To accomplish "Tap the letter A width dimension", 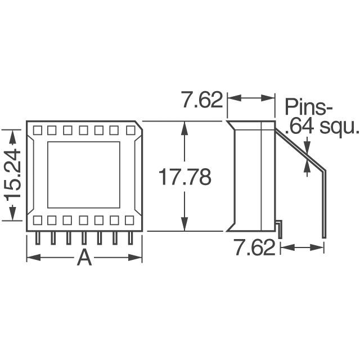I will click(84, 258).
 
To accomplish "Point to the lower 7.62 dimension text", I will click(254, 247).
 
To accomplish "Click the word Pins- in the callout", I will click(309, 106).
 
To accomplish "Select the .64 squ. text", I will click(321, 127).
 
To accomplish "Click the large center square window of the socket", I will click(83, 174).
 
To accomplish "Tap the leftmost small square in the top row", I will click(37, 130).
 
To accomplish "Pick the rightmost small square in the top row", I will click(130, 130).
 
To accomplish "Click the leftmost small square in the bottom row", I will click(37, 220).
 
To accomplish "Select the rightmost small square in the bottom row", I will click(130, 220).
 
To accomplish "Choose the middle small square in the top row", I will click(83, 130).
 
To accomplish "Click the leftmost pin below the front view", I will click(38, 238).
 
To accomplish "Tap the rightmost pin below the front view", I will click(130, 238).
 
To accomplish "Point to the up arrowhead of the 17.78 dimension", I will click(183, 127).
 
